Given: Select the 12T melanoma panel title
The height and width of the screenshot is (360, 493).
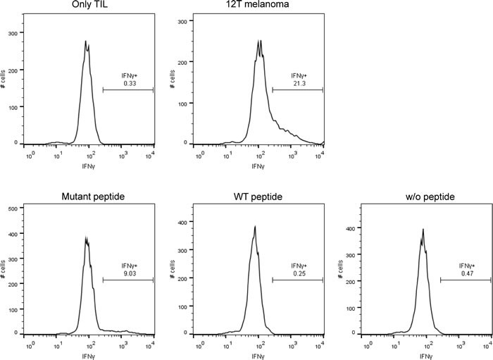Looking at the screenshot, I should click(x=258, y=7).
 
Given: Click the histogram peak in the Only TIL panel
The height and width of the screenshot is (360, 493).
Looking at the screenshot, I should click(x=86, y=42).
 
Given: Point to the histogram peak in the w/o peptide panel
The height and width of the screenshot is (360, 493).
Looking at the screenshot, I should click(x=423, y=230).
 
